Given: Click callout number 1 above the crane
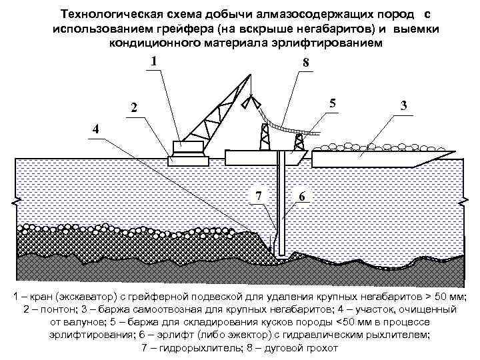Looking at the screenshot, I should pyautogui.click(x=154, y=62).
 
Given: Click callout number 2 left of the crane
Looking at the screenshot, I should pyautogui.click(x=135, y=108).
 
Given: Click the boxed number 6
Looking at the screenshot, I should pyautogui.click(x=303, y=197).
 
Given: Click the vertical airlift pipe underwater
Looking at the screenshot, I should pyautogui.click(x=283, y=207).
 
